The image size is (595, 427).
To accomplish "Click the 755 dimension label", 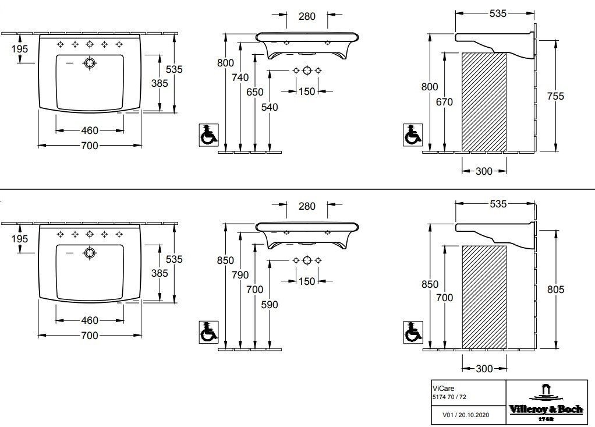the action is pyautogui.click(x=555, y=96).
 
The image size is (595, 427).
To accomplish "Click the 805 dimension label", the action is pyautogui.click(x=555, y=290).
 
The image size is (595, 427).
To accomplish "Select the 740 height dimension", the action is pyautogui.click(x=240, y=77).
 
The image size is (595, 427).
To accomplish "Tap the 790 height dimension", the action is pyautogui.click(x=240, y=275).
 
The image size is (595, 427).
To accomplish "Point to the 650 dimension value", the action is pyautogui.click(x=254, y=92).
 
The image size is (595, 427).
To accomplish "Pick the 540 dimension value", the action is pyautogui.click(x=270, y=107).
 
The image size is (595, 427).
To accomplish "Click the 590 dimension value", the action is pyautogui.click(x=270, y=305).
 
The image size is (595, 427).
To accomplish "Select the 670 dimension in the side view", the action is pyautogui.click(x=444, y=102).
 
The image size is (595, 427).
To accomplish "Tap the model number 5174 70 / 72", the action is pyautogui.click(x=449, y=397).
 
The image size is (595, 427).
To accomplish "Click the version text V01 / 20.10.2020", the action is pyautogui.click(x=466, y=415).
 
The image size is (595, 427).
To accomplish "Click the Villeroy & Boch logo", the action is pyautogui.click(x=546, y=403).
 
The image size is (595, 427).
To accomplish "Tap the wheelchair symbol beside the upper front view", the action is pyautogui.click(x=208, y=135).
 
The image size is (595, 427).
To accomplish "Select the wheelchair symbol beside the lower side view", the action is pyautogui.click(x=413, y=332).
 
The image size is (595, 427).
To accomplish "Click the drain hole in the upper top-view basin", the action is pyautogui.click(x=90, y=63).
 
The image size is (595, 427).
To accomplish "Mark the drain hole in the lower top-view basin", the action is pyautogui.click(x=90, y=253).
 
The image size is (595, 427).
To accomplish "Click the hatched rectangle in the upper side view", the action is pyautogui.click(x=484, y=102).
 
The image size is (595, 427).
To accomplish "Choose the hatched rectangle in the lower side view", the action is pyautogui.click(x=484, y=297).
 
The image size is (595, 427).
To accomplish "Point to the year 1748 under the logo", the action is pyautogui.click(x=546, y=419).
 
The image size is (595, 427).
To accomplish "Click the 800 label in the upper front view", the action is pyautogui.click(x=225, y=63).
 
